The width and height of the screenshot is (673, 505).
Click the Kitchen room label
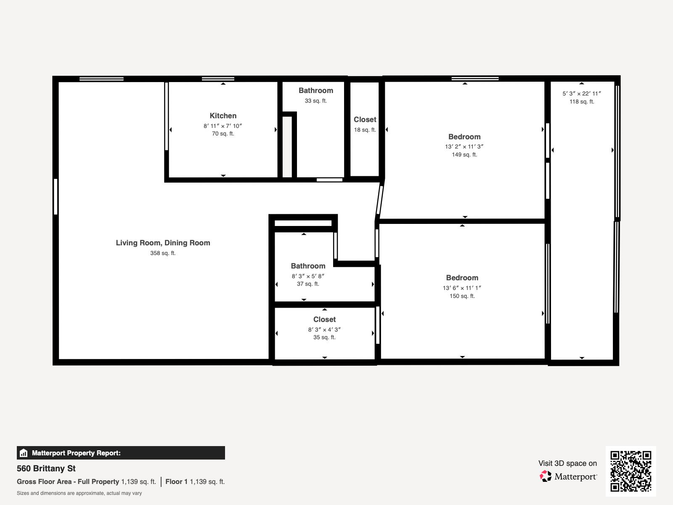223,116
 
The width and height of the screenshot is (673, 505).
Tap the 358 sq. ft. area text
163,253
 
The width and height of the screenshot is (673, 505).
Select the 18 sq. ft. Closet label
365,120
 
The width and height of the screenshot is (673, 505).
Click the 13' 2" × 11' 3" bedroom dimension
464,147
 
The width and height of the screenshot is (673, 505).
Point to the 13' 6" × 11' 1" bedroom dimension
462,288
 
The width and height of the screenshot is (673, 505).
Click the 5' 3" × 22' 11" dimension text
581,94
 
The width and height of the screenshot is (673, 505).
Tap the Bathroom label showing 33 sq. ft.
315,91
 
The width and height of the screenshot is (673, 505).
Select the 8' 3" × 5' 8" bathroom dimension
308,276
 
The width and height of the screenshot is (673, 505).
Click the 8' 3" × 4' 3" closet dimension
324,330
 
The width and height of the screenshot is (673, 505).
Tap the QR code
631,471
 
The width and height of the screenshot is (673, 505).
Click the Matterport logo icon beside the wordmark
546,476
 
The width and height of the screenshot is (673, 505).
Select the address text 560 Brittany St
46,468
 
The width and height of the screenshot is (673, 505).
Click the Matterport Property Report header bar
121,453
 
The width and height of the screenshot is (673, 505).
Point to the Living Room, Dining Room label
163,243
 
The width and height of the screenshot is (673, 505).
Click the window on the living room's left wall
56,197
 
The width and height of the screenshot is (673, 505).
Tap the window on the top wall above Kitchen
218,79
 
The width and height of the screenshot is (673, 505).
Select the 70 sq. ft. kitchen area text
223,134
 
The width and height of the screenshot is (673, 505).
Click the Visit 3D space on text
567,463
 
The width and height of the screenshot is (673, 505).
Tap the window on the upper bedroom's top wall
475,79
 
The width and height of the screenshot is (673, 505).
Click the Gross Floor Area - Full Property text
68,481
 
